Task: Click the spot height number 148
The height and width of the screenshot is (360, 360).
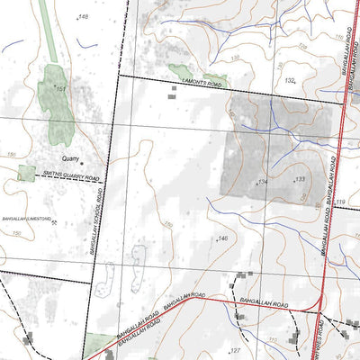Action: point(85,17)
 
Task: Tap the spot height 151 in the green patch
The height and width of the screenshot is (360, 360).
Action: point(60,89)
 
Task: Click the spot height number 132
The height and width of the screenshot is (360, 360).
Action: point(290,80)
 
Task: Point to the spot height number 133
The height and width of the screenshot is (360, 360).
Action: point(301,180)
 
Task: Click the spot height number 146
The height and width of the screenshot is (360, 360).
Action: point(222,238)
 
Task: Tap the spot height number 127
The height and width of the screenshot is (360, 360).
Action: point(236,350)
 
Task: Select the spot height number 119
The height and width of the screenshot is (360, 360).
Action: point(340,203)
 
